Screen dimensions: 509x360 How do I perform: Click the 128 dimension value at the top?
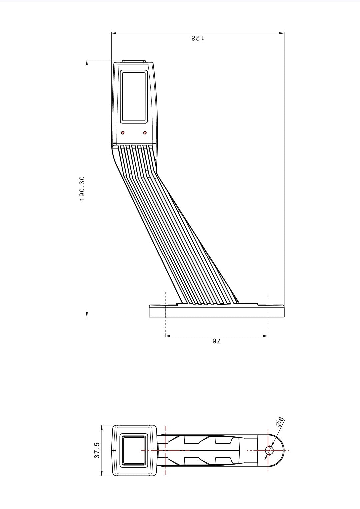[x=198, y=38]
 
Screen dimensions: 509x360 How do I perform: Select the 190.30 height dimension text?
[x=82, y=189]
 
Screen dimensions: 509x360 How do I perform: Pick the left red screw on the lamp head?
[x=123, y=133]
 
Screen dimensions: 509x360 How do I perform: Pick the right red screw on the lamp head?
[x=145, y=133]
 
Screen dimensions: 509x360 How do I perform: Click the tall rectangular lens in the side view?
[x=134, y=96]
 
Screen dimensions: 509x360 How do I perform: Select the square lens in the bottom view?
[x=134, y=450]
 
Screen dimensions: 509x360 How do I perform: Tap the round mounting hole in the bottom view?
[x=269, y=450]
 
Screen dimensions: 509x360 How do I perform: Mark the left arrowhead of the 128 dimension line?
[x=114, y=33]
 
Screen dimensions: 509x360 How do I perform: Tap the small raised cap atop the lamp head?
[x=134, y=61]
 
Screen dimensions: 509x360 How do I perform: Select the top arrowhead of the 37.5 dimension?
[x=101, y=427]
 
